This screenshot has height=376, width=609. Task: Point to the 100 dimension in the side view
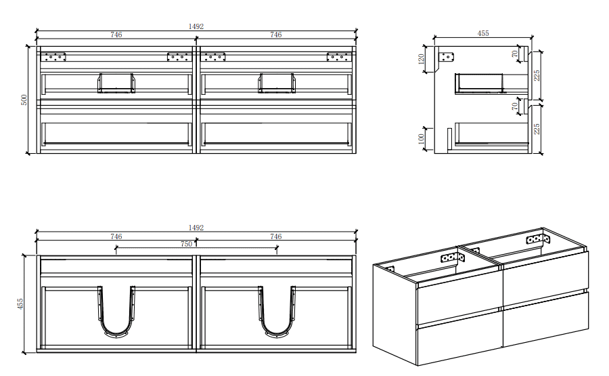(421, 138)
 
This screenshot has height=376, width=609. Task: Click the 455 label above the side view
(483, 33)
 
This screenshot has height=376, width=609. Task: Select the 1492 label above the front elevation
(196, 26)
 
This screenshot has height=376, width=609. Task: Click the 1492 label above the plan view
(196, 228)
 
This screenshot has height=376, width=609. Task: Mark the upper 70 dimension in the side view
(515, 54)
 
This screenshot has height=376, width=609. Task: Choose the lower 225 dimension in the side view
(537, 129)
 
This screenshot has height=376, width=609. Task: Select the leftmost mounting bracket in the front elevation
(55, 58)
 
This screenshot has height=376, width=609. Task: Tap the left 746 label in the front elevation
(116, 35)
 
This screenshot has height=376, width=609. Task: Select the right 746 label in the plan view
(275, 236)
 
